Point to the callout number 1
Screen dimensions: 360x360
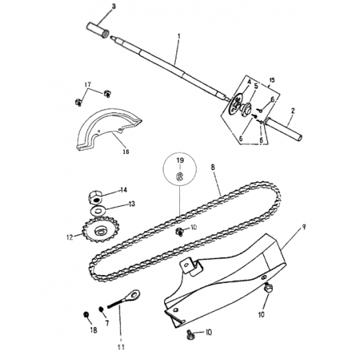[178, 35]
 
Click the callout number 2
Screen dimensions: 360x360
[293, 112]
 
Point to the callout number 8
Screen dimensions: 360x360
[213, 168]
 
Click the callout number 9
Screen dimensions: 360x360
[304, 227]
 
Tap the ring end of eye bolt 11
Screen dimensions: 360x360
[134, 294]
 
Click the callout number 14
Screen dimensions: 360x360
[123, 190]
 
